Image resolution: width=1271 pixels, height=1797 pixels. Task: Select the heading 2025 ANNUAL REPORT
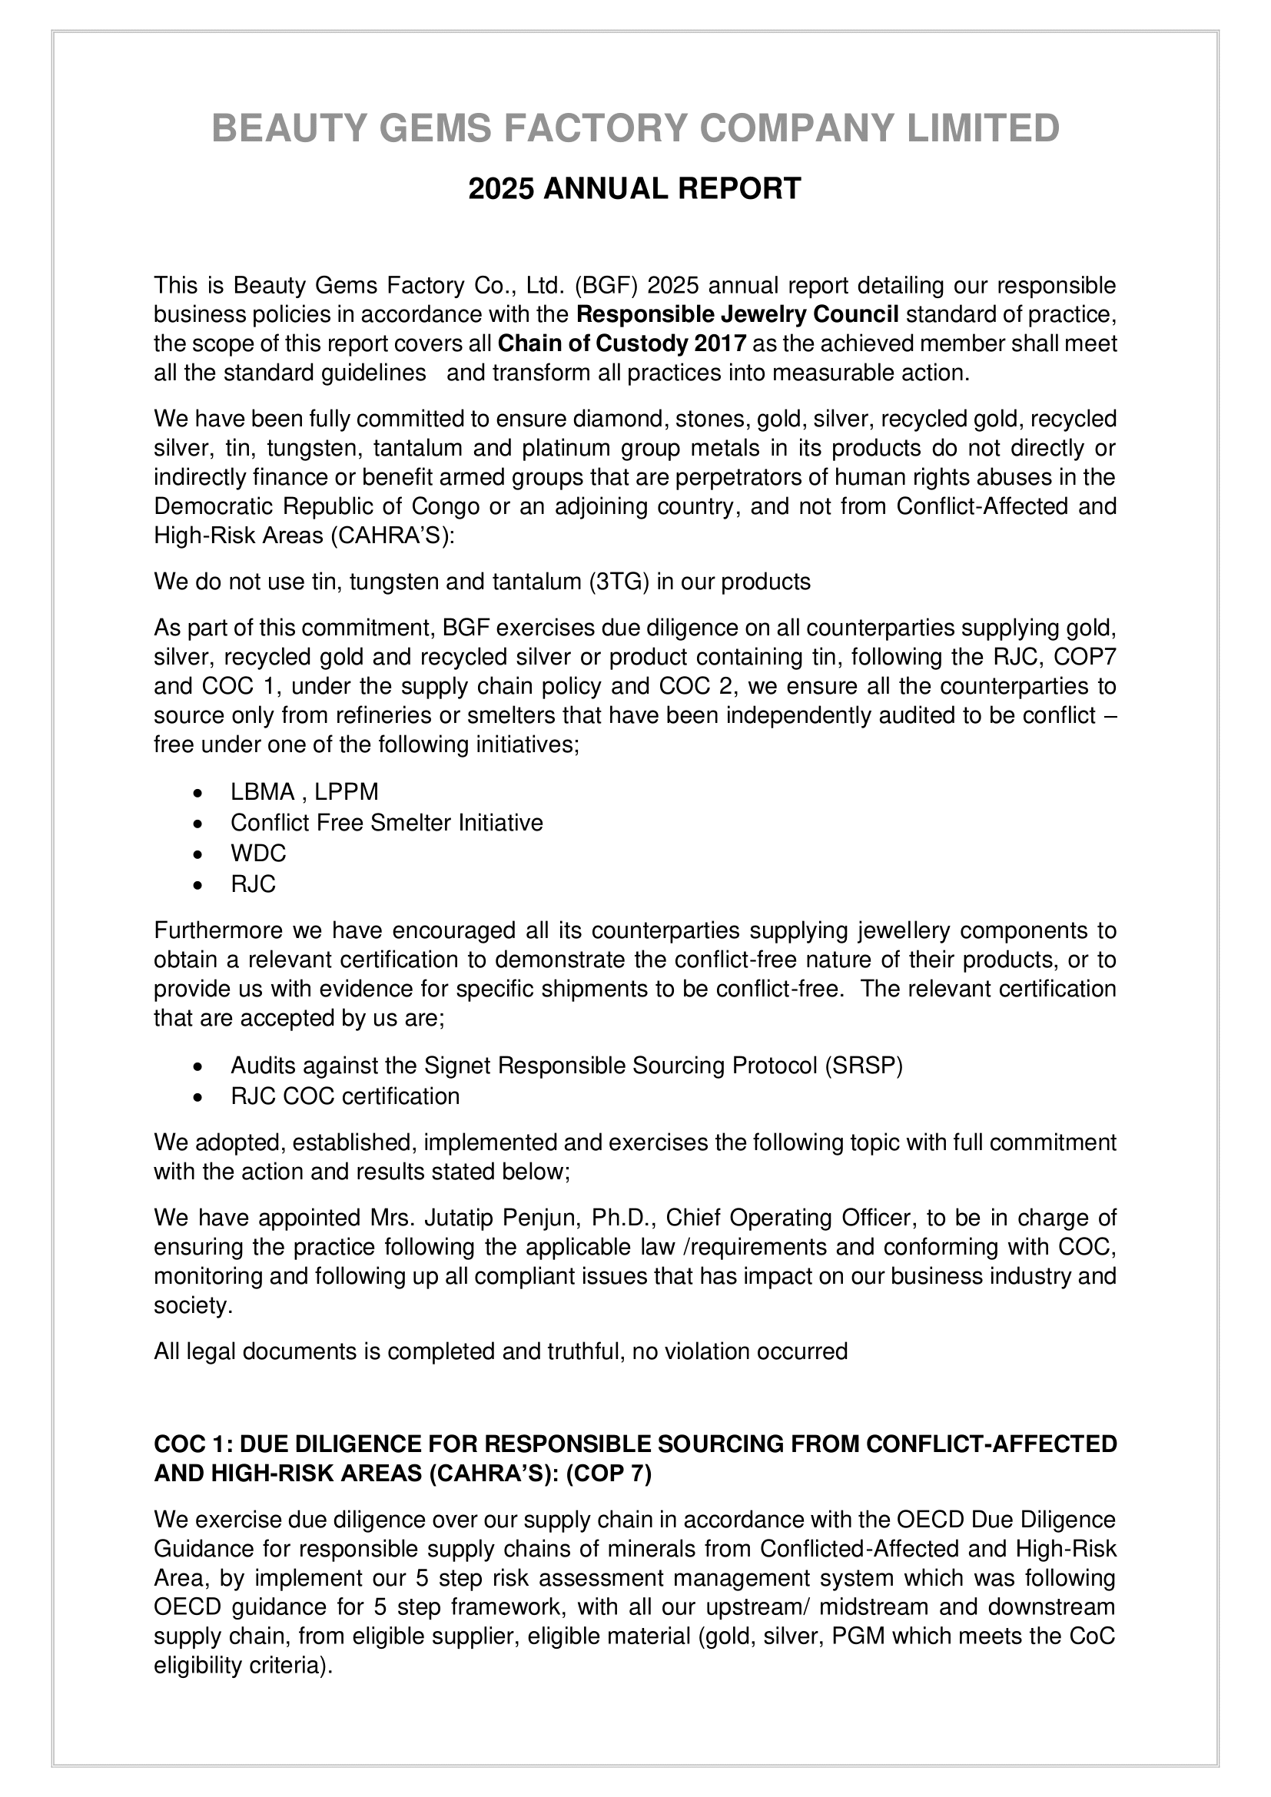(x=635, y=189)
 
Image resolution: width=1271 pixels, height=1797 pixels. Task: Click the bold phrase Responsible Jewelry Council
(x=737, y=315)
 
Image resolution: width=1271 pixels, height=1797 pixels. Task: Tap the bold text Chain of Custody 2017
(x=622, y=343)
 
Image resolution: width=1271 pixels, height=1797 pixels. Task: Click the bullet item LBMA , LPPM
(x=304, y=792)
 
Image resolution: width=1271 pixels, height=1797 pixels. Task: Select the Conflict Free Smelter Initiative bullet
(x=387, y=823)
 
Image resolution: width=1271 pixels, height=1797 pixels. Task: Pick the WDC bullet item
(x=258, y=852)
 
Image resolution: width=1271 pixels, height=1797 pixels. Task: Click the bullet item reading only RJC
(x=253, y=884)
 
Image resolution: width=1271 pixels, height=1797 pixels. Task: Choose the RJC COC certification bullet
(x=345, y=1096)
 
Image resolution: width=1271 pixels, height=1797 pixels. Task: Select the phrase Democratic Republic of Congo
(x=316, y=506)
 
